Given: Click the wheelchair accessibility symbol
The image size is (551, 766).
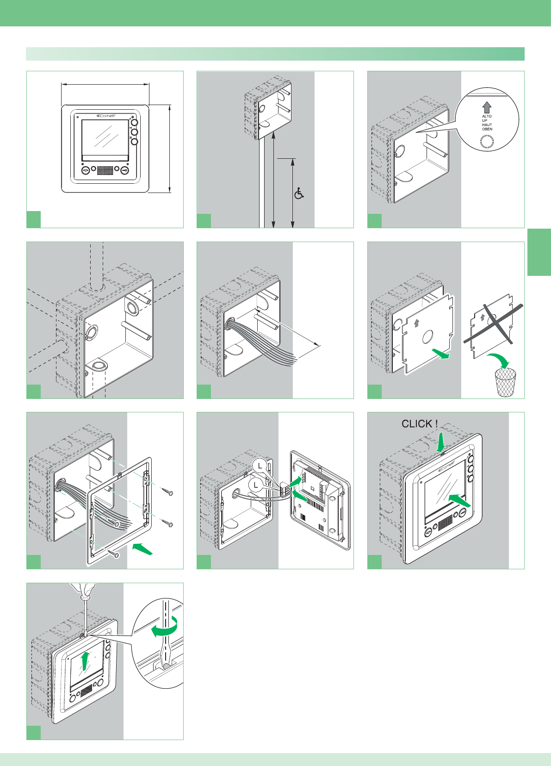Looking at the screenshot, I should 299,193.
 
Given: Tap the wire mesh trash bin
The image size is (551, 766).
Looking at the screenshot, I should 505,382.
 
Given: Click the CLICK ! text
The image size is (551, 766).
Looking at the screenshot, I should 419,423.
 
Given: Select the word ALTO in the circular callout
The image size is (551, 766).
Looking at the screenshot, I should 487,116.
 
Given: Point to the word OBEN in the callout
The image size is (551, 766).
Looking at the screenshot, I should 487,129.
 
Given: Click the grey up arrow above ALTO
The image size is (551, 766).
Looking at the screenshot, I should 487,107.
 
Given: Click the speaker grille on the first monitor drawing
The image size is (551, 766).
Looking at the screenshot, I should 105,170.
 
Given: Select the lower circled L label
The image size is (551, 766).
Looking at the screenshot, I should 256,485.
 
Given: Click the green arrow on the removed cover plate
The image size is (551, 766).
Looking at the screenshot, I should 441,354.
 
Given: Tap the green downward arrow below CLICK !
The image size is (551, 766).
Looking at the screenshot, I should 441,440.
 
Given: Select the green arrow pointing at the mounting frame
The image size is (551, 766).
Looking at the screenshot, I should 142,549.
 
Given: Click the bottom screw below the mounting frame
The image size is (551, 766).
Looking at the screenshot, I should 114,553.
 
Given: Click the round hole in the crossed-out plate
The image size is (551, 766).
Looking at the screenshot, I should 492,318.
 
